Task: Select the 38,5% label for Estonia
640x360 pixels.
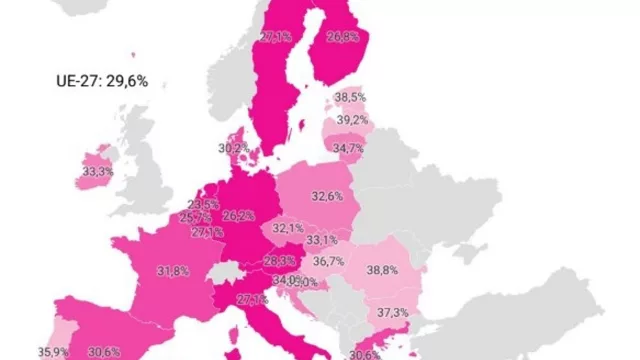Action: point(349,98)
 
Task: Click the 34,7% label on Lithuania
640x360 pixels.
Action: point(348,149)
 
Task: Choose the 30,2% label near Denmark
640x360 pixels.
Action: point(234,148)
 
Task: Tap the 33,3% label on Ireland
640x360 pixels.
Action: point(97,172)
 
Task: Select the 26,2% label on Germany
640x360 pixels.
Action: point(238,215)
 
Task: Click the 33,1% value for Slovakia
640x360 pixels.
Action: point(321,240)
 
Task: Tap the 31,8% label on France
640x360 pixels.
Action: point(173,271)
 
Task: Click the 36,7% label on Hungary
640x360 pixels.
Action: point(328,261)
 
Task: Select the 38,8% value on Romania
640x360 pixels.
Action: point(382,270)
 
